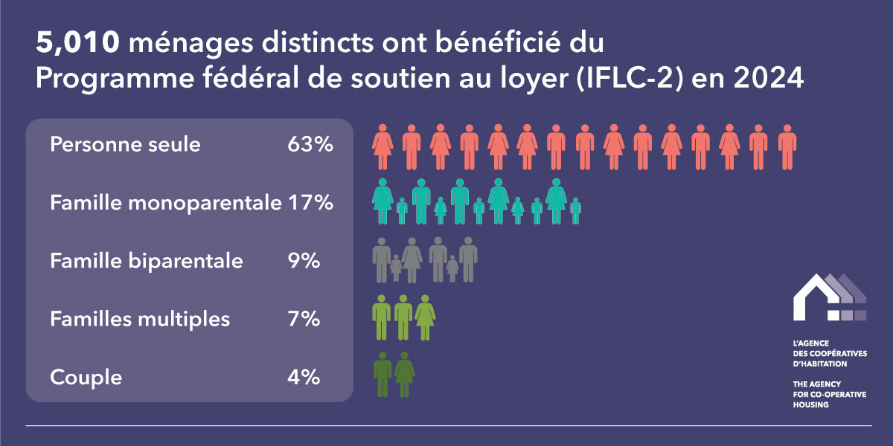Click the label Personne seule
click(x=125, y=144)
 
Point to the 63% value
click(x=310, y=144)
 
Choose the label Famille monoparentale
click(x=165, y=202)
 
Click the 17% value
click(x=310, y=202)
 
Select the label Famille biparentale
click(x=146, y=261)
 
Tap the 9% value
click(x=304, y=261)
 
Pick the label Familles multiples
click(x=140, y=320)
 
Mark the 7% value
click(x=304, y=320)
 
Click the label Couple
click(x=86, y=378)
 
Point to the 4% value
click(x=304, y=378)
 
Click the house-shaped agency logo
click(x=829, y=297)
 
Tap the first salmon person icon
click(x=383, y=147)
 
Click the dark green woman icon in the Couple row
click(x=404, y=375)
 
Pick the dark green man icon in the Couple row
click(x=383, y=375)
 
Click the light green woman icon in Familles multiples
click(x=425, y=317)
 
